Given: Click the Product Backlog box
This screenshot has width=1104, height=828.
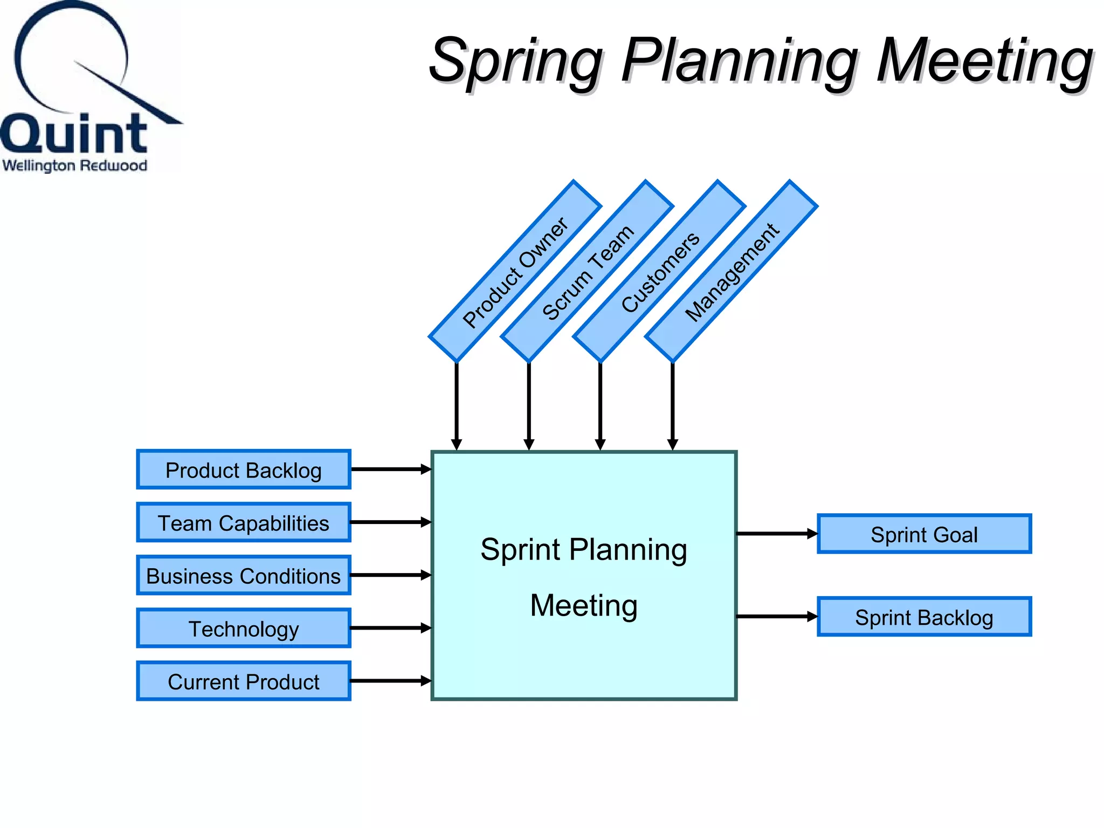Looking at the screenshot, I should pos(244,470).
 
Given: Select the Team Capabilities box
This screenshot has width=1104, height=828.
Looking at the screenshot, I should pos(244,522).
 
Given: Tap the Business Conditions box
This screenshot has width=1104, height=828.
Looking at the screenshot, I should pos(244,575).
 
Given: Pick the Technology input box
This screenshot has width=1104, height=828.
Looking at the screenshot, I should pos(244,628).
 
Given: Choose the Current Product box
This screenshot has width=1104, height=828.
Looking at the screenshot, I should pos(244,681).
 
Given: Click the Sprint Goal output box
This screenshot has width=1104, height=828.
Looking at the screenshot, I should pos(924,534).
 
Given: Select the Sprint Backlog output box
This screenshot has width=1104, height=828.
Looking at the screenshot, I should pos(924,617).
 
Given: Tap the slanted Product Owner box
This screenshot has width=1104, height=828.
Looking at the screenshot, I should pos(515,271).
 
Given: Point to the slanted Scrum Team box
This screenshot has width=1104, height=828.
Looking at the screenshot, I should pos(587,271).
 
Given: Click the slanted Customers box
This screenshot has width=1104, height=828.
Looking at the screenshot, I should pos(659,271).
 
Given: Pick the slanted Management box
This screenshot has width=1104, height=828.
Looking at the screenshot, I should pos(732,271).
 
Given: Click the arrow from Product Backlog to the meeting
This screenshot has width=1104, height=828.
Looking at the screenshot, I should pos(391,470).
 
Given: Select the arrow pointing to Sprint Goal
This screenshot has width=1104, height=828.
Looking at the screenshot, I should pos(776,534).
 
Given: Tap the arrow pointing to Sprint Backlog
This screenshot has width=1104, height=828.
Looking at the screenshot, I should pos(776,616).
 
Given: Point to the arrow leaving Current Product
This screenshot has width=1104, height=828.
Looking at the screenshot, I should pos(391,681).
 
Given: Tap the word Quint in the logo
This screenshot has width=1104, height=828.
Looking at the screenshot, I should pos(74,134).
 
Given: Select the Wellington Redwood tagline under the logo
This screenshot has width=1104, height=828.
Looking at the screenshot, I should pos(74,165).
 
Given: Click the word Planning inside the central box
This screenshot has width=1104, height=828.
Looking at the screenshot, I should pos(628,550).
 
